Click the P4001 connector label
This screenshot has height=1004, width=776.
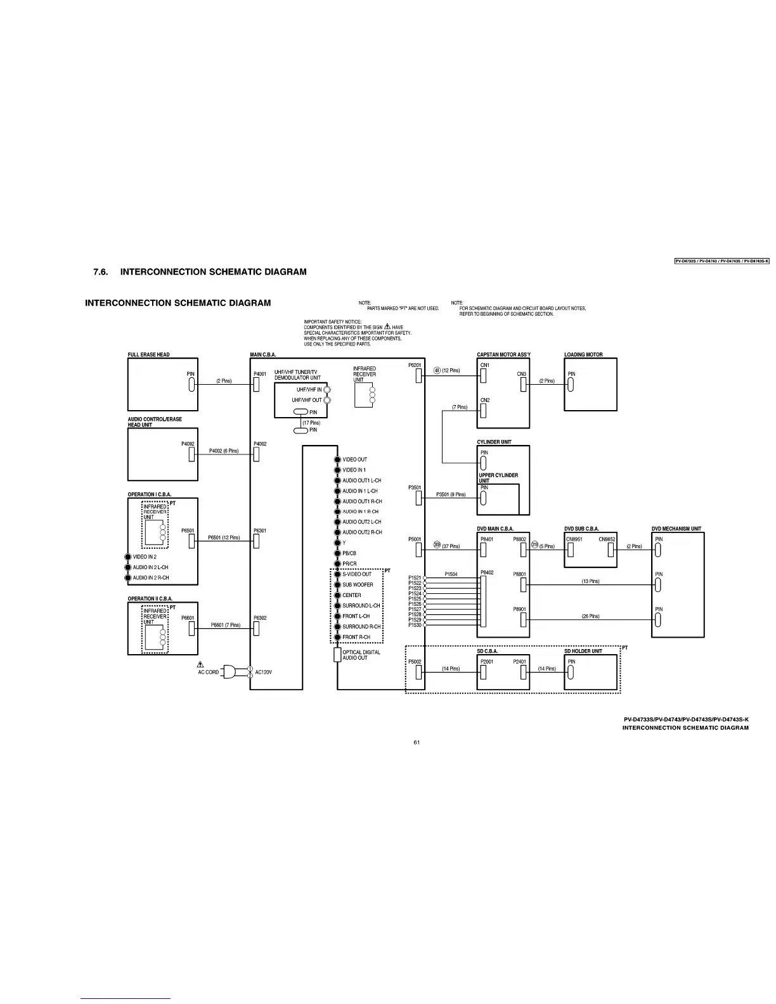260,374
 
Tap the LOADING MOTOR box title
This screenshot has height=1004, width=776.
583,355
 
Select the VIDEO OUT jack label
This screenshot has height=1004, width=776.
354,460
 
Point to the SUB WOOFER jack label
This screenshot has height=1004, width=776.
358,585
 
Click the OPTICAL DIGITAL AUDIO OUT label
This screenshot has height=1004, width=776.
361,655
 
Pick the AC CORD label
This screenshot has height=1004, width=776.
208,673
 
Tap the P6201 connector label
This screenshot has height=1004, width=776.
415,365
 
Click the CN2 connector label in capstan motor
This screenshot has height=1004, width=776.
485,401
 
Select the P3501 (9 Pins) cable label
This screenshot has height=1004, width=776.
451,494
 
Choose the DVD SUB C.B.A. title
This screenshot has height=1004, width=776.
581,529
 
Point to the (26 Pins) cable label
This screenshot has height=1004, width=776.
590,616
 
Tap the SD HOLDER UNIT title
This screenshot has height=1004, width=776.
583,651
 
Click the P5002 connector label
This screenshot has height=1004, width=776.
415,662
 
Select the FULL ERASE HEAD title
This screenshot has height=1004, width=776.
149,355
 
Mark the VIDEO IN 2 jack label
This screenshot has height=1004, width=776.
145,557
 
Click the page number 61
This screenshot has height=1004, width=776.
417,742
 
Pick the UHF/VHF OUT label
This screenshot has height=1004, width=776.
307,401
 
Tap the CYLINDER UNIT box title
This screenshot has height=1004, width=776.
495,442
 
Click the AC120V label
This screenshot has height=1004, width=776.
263,673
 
